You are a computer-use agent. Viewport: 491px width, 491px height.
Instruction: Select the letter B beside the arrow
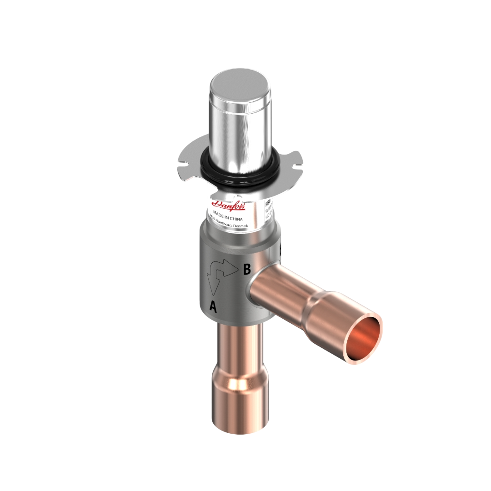coord(247,270)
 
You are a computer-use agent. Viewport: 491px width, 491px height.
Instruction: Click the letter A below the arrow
coord(213,307)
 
